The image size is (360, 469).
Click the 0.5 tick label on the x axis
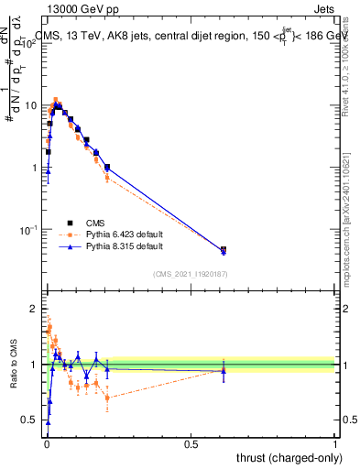[x=191, y=443]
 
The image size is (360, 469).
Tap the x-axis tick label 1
[x=335, y=443]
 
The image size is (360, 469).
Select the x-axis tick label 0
[x=46, y=443]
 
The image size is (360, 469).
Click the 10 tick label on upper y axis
[x=31, y=105]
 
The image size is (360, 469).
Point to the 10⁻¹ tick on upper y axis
[x=28, y=229]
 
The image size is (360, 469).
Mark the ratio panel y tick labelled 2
[x=35, y=309]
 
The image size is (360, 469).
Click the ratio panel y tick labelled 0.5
[x=30, y=420]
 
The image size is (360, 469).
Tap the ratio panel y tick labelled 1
[x=35, y=365]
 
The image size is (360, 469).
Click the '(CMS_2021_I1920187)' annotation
[x=190, y=273]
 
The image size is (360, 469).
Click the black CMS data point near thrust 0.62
[x=224, y=249]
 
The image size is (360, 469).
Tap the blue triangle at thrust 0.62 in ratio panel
[x=224, y=370]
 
